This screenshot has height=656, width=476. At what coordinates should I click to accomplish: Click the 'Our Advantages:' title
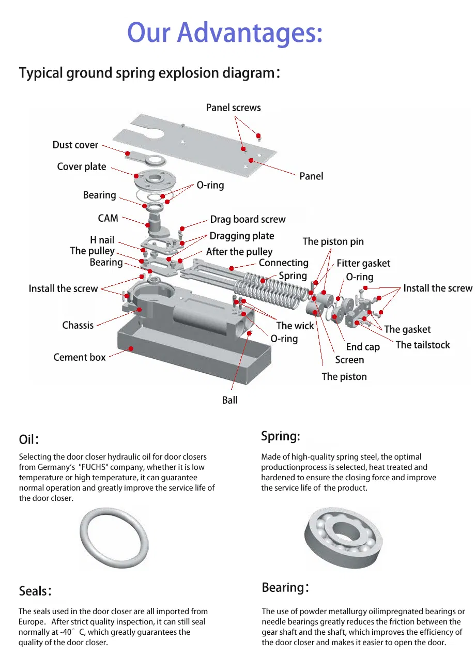[x=225, y=32]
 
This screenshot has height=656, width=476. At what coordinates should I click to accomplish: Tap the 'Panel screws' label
[x=233, y=108]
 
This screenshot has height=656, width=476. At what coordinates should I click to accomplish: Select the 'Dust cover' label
[x=75, y=145]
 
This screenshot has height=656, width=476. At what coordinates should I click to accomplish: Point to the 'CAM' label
[x=108, y=218]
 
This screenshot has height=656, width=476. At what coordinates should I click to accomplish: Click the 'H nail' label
[x=102, y=240]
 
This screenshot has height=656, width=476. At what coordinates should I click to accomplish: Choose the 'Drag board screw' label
[x=248, y=219]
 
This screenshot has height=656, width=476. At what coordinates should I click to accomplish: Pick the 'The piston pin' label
[x=333, y=241]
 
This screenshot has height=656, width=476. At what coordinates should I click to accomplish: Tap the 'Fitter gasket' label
[x=363, y=263]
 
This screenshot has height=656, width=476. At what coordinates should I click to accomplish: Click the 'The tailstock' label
[x=422, y=345]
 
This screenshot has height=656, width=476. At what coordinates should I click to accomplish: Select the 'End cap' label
[x=362, y=347]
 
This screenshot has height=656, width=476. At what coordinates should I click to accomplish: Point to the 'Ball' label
[x=230, y=400]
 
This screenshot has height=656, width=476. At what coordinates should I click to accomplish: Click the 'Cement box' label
[x=80, y=357]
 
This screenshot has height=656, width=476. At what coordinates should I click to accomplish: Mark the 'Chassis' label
[x=78, y=325]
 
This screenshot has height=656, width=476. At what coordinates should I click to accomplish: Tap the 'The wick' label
[x=295, y=326]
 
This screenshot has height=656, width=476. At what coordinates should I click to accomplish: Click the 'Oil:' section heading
[x=29, y=439]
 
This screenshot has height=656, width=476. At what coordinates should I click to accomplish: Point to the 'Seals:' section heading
[x=35, y=591]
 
